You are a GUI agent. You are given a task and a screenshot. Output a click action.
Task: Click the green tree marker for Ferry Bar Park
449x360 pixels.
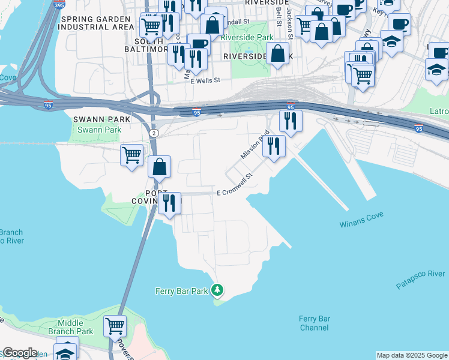(x=217, y=291)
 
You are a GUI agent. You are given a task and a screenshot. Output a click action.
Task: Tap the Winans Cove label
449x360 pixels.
(x=362, y=224)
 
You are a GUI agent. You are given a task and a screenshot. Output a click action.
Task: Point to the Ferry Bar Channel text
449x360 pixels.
(x=315, y=323)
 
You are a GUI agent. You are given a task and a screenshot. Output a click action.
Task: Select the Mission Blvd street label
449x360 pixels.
(x=253, y=146)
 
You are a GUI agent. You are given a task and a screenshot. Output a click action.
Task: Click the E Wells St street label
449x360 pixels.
(x=206, y=80)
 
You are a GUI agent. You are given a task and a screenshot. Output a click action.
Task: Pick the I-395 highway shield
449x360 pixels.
(x=58, y=5)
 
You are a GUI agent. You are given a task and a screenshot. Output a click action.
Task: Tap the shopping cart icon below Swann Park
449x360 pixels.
(x=131, y=155)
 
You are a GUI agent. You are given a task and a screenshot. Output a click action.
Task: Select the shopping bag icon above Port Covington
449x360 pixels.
(x=160, y=167)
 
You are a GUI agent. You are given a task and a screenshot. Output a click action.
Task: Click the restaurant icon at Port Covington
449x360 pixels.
(x=170, y=203)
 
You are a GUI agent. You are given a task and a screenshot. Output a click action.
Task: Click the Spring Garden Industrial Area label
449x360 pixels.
(x=97, y=23)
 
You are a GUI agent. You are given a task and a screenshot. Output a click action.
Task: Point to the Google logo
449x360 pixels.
(x=19, y=353)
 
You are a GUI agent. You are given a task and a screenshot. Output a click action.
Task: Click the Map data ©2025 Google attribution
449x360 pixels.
(x=411, y=355)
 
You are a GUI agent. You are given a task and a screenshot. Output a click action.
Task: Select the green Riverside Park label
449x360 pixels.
(x=247, y=37)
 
